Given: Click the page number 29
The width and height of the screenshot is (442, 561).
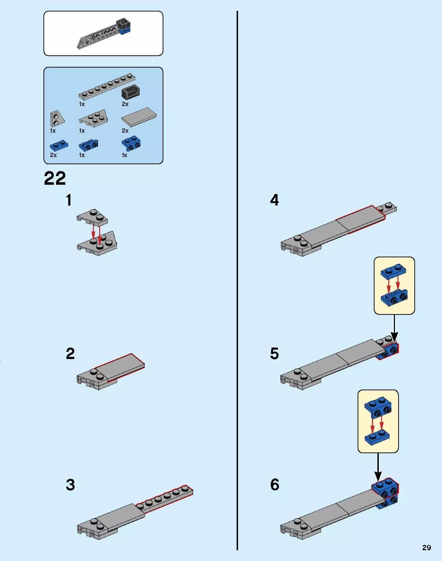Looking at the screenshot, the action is (427, 547).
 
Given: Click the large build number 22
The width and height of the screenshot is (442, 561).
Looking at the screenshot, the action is (55, 178).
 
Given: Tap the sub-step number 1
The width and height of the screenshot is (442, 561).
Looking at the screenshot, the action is (69, 200).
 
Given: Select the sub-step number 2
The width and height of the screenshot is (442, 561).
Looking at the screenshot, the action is (70, 354).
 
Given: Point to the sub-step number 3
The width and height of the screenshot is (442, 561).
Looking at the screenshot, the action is (70, 484).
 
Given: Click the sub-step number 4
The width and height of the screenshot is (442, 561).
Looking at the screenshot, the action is (275, 200).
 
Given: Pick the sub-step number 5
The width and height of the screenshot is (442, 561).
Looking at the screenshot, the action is (275, 354).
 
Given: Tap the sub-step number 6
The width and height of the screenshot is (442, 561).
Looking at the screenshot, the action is (275, 484).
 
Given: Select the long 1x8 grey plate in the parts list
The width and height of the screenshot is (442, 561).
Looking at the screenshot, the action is (107, 87).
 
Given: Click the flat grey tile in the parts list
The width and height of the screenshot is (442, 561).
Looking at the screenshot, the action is (139, 117).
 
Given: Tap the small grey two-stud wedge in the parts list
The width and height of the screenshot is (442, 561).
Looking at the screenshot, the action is (57, 119).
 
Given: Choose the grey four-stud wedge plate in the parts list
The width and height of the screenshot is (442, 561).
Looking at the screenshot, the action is (93, 118).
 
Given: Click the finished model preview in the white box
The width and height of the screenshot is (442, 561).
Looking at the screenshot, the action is (104, 33).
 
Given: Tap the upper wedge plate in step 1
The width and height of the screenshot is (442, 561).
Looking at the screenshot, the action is (92, 217).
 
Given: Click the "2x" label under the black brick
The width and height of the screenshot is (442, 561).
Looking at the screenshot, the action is (125, 104).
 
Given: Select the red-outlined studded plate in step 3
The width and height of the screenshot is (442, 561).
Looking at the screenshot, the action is (164, 499).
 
